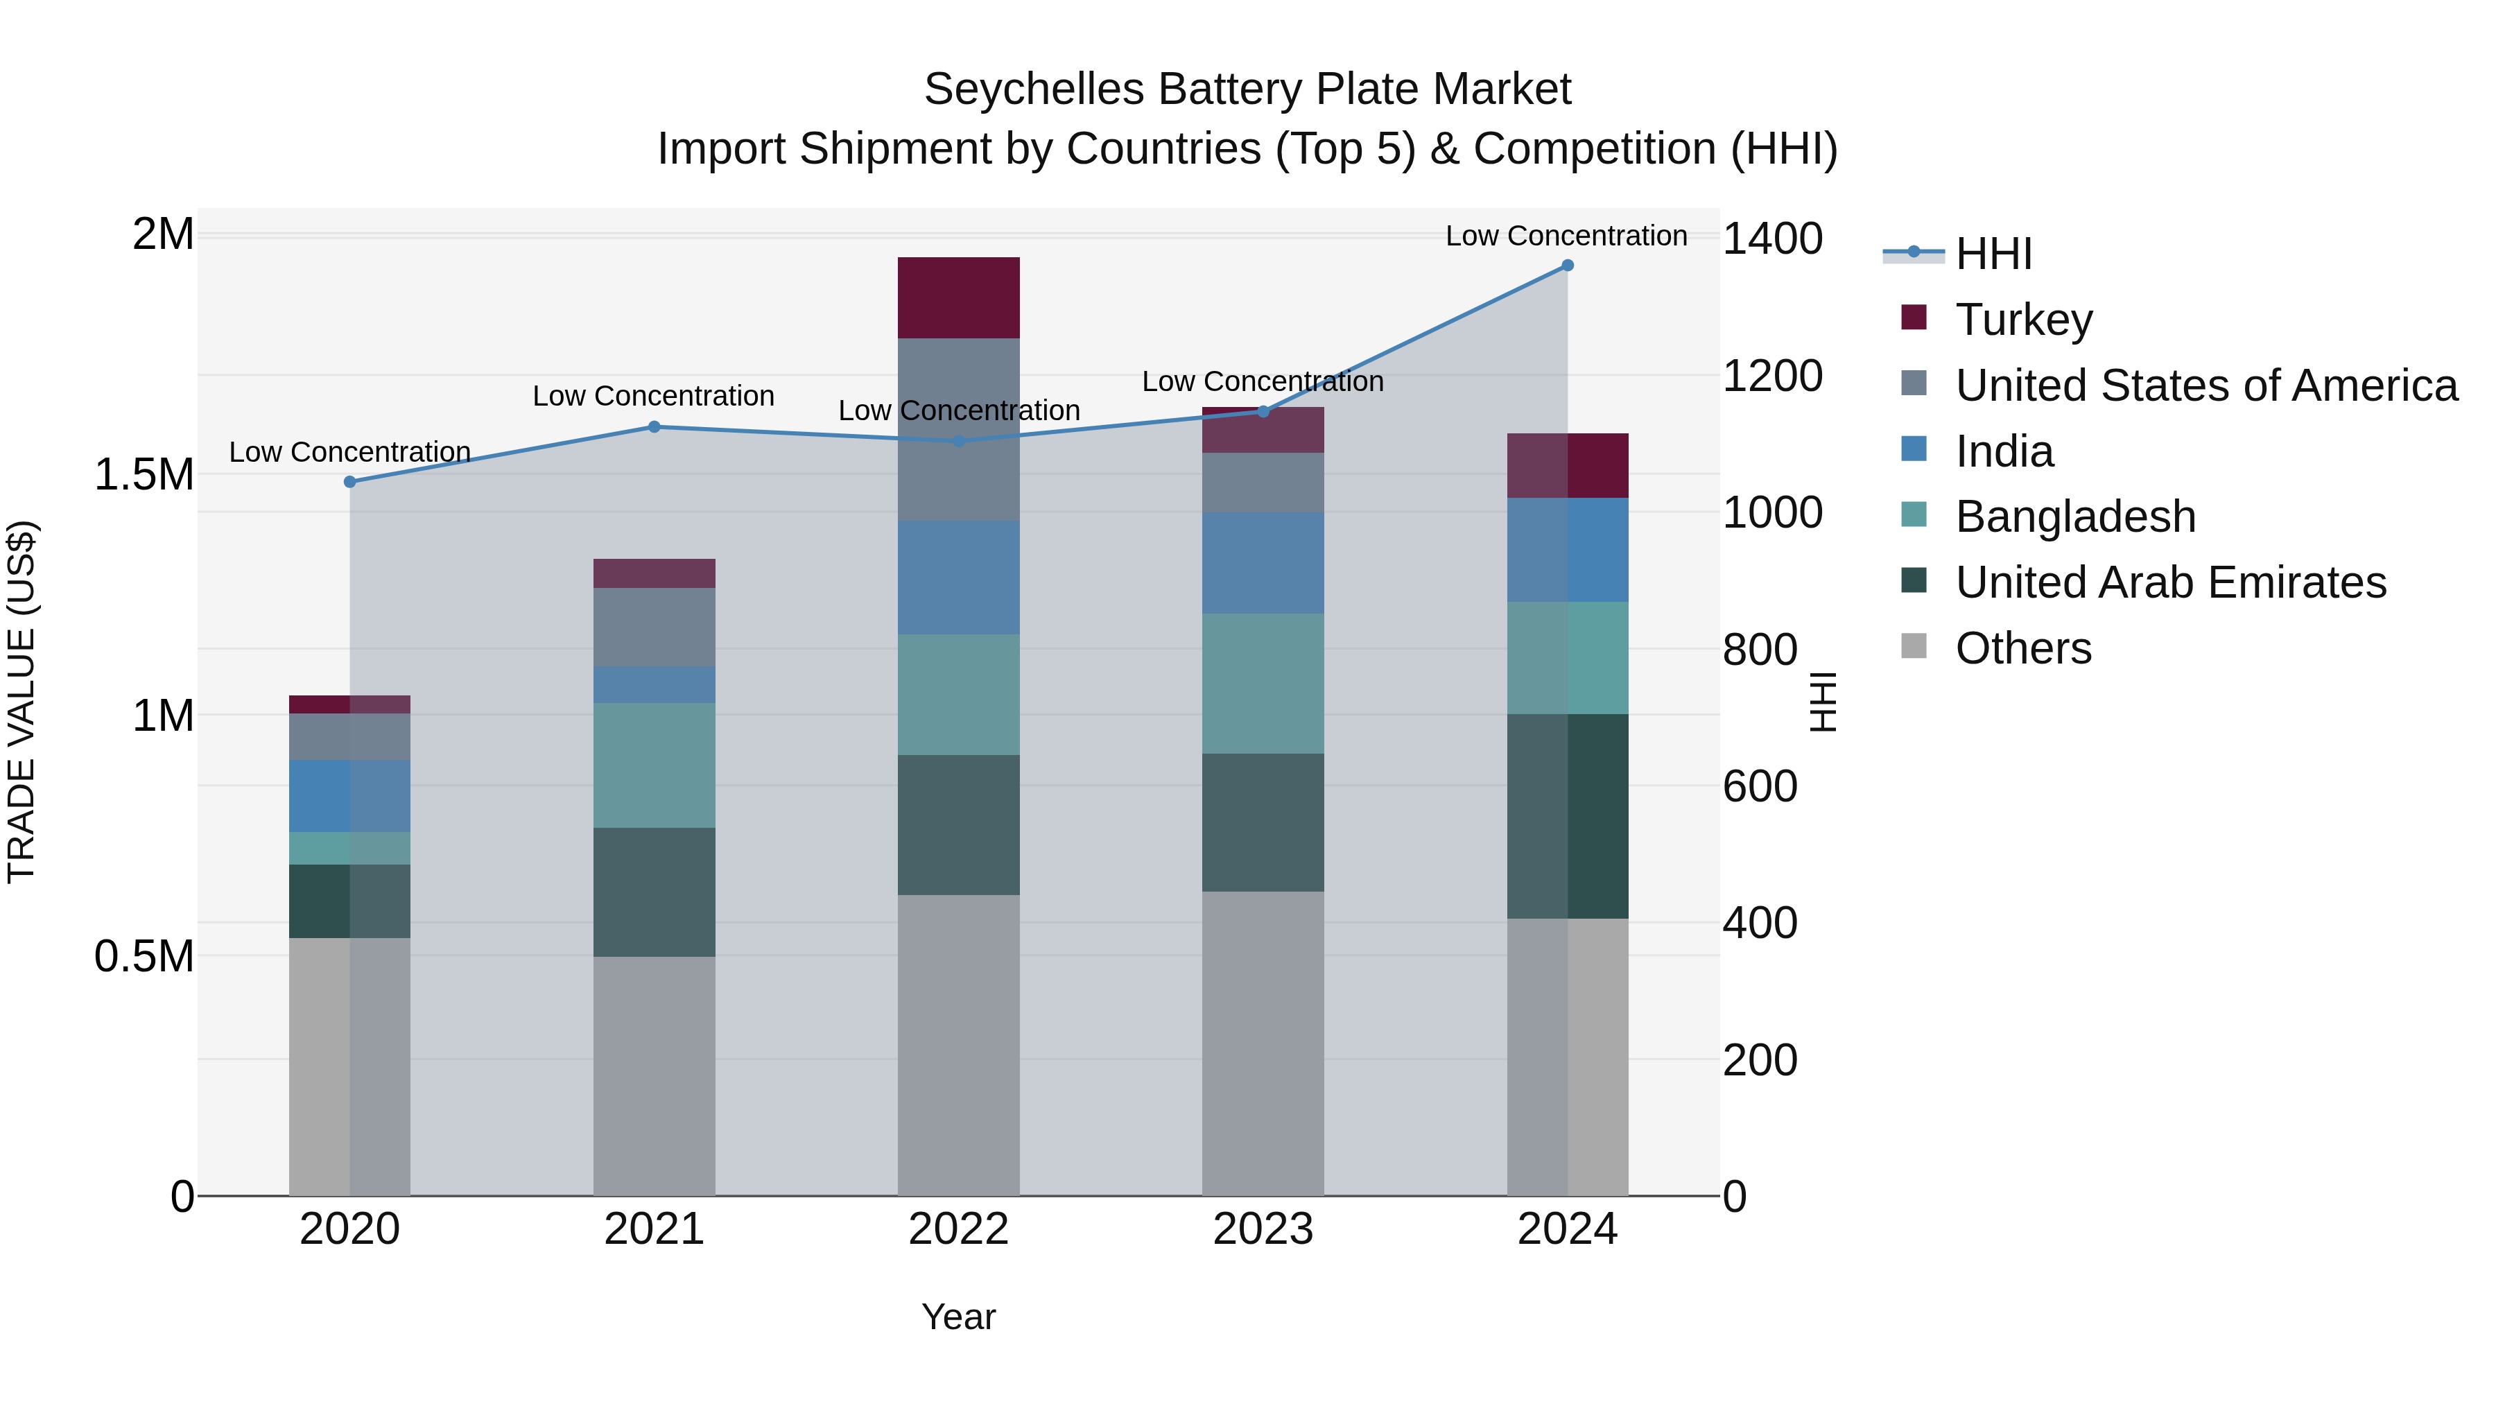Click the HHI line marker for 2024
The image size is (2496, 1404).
point(1567,266)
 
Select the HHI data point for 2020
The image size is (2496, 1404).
point(350,482)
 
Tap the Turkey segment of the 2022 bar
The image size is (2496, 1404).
point(958,297)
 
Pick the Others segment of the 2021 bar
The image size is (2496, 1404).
point(654,1075)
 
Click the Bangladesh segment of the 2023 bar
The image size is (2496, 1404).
point(1263,683)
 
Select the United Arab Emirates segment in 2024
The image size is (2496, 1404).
point(1567,816)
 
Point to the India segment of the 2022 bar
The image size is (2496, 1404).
point(958,578)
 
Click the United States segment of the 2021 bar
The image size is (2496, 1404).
point(654,627)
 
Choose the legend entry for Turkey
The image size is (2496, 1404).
point(2023,319)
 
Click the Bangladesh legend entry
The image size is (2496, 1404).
point(2074,517)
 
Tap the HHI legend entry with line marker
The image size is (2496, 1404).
point(1992,254)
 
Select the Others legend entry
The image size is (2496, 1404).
point(2022,648)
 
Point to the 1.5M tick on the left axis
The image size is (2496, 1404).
point(144,475)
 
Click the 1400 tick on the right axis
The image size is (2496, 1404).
point(1772,239)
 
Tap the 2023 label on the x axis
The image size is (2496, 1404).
point(1263,1229)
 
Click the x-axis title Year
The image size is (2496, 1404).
point(958,1317)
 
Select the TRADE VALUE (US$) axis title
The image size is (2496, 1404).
point(21,702)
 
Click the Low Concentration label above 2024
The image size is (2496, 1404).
point(1566,236)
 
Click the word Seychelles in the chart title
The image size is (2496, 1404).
point(1033,90)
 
